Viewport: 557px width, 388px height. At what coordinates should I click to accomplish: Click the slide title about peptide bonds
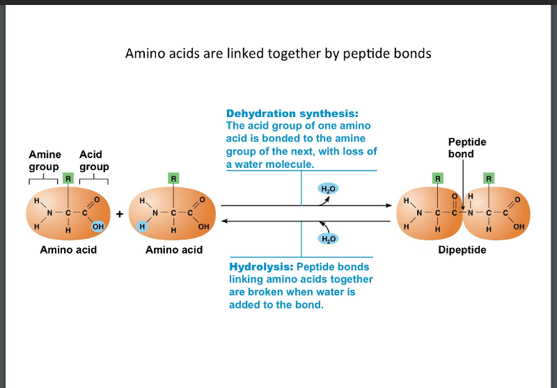coord(278,53)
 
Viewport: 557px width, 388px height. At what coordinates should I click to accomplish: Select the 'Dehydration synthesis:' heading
coord(292,114)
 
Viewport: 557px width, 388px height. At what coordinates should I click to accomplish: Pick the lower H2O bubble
coord(327,238)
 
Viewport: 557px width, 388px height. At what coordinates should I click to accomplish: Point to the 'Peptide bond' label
coord(467,148)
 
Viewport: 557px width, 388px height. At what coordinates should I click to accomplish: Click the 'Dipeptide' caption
coord(462,249)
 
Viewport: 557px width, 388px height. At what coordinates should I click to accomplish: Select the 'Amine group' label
coord(44,160)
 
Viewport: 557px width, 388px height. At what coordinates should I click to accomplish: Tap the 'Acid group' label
coord(93,160)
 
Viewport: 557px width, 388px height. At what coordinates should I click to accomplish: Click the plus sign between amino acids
coord(120,214)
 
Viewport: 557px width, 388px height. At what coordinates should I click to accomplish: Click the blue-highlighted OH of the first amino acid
coord(97,226)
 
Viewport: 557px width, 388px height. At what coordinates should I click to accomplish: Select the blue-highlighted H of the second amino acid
coord(141,226)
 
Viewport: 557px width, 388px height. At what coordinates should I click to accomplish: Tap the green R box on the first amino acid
coord(68,178)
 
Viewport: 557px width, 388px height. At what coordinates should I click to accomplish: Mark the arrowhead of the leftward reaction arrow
coord(224,221)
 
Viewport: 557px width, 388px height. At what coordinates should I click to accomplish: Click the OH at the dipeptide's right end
coord(519,227)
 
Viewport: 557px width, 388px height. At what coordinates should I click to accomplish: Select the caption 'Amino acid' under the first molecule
coord(68,249)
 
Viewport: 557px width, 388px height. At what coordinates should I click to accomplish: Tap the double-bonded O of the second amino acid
coord(203,201)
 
